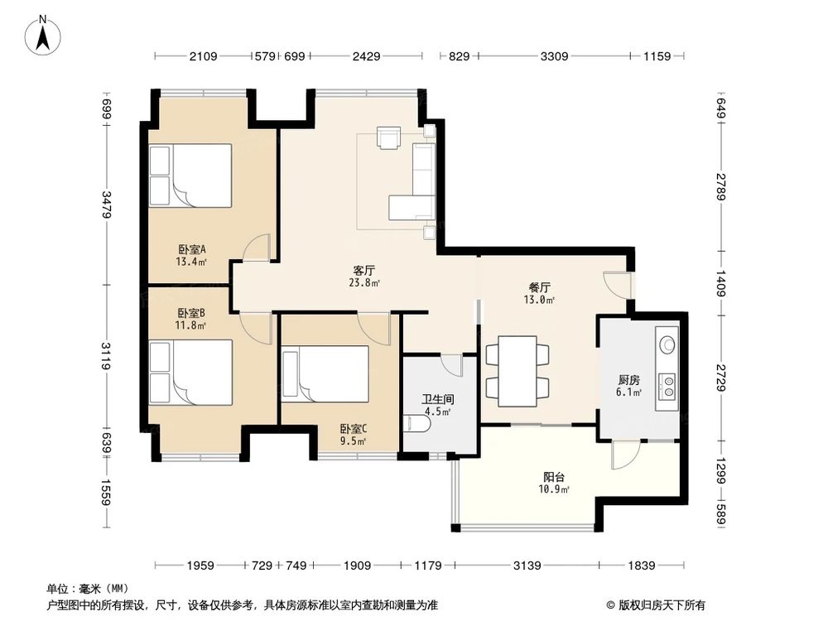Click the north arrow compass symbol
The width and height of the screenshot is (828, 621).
[43, 35]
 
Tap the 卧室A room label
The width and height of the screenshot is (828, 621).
[192, 248]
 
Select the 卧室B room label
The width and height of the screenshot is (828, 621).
[191, 313]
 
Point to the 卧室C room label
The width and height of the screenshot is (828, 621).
[354, 429]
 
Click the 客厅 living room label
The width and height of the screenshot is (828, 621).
[363, 271]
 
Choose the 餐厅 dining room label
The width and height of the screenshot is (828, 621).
[540, 287]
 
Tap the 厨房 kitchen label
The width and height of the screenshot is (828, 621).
[629, 380]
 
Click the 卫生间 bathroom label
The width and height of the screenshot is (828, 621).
[438, 400]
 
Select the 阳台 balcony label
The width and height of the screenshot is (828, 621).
[554, 477]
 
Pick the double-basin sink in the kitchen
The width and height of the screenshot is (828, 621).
[667, 386]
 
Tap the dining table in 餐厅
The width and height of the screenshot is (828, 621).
[517, 371]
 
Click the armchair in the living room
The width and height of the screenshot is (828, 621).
[388, 138]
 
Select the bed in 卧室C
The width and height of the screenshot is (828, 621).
[325, 373]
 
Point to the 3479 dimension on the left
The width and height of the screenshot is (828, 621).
[107, 205]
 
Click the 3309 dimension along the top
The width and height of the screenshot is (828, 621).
[554, 56]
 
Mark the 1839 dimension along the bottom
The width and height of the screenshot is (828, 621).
[642, 566]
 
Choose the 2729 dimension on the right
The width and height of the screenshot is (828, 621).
[721, 378]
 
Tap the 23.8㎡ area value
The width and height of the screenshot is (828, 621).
[364, 282]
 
